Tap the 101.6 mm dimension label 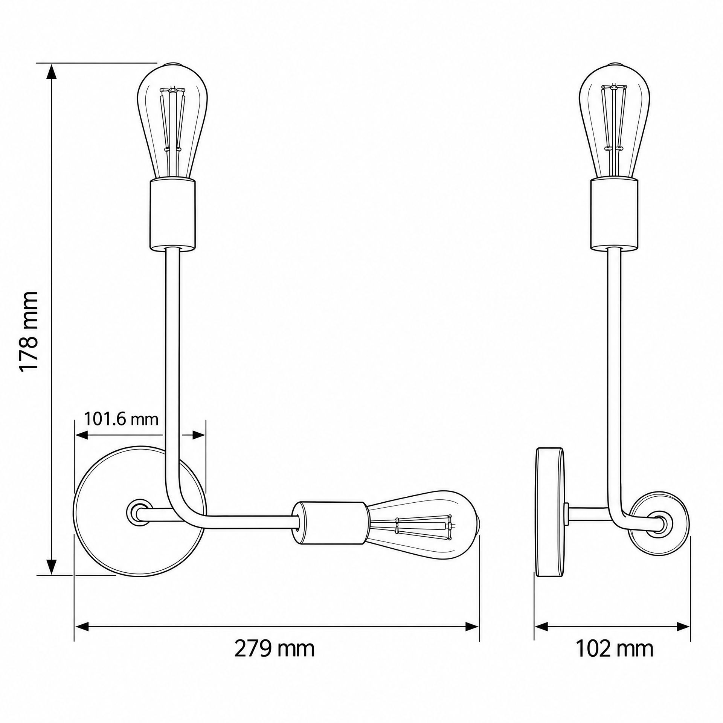[x=120, y=419]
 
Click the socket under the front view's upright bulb [x=172, y=215]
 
